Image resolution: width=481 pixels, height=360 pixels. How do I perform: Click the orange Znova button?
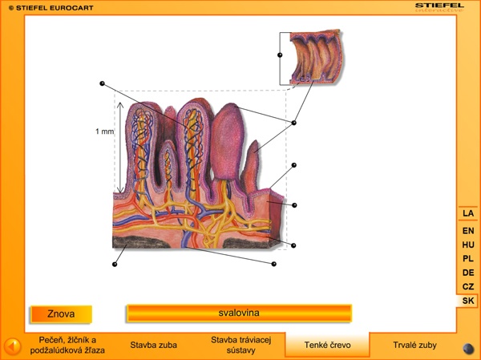click(61, 313)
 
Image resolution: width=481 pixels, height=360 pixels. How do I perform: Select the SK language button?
click(468, 301)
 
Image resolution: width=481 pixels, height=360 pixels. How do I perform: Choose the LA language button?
click(468, 213)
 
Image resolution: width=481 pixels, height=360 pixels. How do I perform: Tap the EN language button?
click(468, 231)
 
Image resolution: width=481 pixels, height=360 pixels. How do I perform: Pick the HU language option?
click(468, 245)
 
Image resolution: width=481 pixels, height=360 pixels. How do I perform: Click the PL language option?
click(468, 259)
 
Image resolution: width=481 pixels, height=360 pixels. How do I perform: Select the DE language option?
click(468, 273)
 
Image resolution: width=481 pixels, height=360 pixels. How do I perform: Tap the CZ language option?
click(468, 286)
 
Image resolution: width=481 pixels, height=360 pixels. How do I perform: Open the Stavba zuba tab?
click(153, 346)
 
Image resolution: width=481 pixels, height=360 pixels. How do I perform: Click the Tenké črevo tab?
click(327, 346)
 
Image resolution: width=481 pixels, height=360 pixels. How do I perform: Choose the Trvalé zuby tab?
click(414, 346)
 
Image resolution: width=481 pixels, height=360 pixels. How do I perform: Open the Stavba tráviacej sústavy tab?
click(241, 345)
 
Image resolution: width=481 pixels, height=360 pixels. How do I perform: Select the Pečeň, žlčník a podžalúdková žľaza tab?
click(67, 345)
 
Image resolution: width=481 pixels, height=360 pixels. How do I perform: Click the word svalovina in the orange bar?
click(239, 312)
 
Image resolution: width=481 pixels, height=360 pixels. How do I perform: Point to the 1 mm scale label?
click(104, 131)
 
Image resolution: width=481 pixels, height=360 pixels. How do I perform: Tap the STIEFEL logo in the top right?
click(439, 6)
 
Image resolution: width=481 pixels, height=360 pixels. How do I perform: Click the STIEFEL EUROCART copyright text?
click(42, 7)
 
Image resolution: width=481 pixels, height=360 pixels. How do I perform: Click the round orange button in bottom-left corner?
click(12, 346)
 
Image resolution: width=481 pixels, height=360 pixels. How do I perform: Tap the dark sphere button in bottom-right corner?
click(468, 348)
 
